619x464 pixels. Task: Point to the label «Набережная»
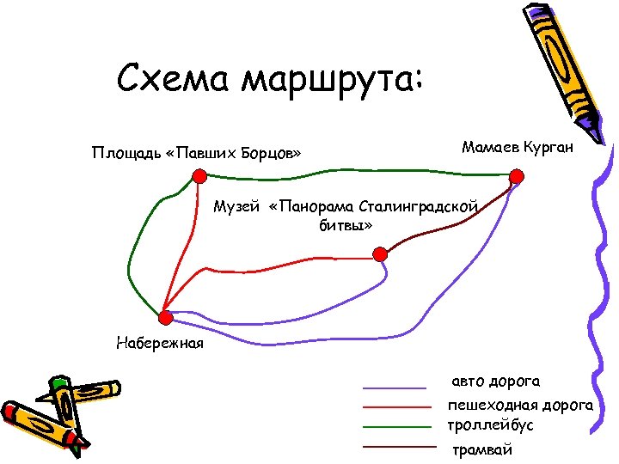pyautogui.click(x=160, y=344)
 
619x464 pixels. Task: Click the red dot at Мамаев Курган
pyautogui.click(x=516, y=177)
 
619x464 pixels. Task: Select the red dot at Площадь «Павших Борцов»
pyautogui.click(x=199, y=176)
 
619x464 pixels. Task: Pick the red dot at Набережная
pyautogui.click(x=166, y=318)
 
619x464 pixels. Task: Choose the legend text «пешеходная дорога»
pyautogui.click(x=520, y=404)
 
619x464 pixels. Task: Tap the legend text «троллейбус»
pyautogui.click(x=491, y=425)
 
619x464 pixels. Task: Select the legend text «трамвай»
pyautogui.click(x=482, y=449)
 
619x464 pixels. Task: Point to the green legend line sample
pyautogui.click(x=395, y=426)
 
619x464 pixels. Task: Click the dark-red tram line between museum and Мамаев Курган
pyautogui.click(x=447, y=223)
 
